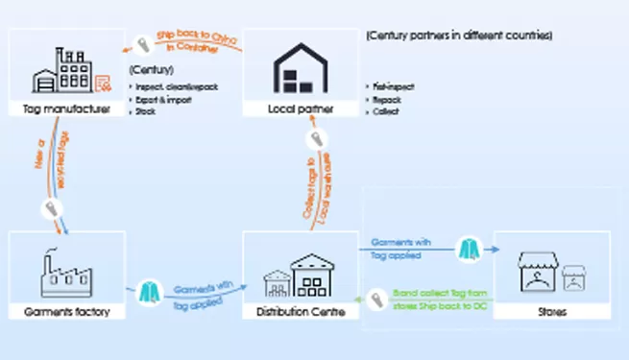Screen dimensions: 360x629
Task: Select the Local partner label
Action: click(302, 109)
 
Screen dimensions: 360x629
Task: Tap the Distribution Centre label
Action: click(302, 312)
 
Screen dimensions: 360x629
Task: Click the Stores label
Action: click(550, 312)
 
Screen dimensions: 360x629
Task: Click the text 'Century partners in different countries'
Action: click(459, 36)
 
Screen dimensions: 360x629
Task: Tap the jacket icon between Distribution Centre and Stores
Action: click(467, 248)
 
